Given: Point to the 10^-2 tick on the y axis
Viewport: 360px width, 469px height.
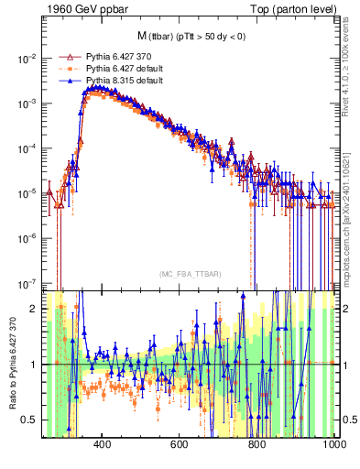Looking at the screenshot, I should pos(27,58).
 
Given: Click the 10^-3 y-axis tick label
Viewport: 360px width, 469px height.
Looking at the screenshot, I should pos(27,103).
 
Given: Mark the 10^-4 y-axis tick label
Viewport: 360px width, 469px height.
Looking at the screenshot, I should pos(27,147).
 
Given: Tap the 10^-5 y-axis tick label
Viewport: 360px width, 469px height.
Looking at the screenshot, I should pos(27,192).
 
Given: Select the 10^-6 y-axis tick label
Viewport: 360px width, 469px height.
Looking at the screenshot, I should pos(27,238).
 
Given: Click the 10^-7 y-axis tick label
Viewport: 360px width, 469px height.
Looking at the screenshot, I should pos(27,283).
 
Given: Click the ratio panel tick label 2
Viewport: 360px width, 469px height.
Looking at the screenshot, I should pos(35,309).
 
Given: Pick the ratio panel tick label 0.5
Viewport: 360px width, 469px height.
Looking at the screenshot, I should pos(31,420).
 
